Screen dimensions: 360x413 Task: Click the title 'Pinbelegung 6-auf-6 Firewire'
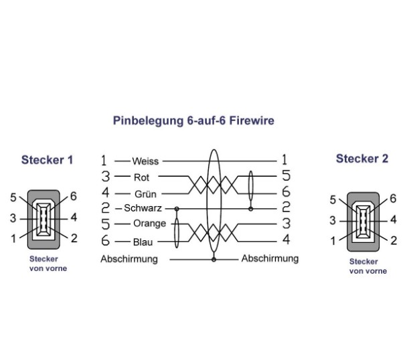click(x=193, y=121)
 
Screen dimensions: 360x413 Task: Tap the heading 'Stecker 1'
click(x=47, y=160)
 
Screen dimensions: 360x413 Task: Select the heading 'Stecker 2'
click(x=361, y=159)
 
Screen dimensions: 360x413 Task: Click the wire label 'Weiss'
click(x=145, y=161)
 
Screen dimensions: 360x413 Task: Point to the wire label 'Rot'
click(x=141, y=177)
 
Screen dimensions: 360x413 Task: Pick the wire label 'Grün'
click(x=145, y=193)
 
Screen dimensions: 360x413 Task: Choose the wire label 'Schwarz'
click(x=143, y=208)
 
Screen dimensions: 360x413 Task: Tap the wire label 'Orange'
click(x=149, y=223)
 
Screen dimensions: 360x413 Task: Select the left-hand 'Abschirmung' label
click(x=129, y=258)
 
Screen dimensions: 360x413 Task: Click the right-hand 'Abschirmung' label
click(x=270, y=258)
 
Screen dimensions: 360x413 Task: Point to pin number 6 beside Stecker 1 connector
click(x=74, y=197)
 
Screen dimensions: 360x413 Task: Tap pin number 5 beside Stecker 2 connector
click(x=333, y=200)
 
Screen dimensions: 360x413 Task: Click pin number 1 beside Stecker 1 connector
click(x=13, y=237)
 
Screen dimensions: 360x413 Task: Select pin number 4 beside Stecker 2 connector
click(x=394, y=219)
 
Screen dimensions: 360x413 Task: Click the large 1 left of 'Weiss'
click(x=104, y=161)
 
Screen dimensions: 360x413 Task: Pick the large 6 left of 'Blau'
click(x=105, y=240)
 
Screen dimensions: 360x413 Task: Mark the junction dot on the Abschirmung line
click(x=214, y=258)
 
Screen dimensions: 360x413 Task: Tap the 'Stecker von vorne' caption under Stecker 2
click(x=367, y=266)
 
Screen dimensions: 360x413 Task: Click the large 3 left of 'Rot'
click(x=105, y=177)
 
